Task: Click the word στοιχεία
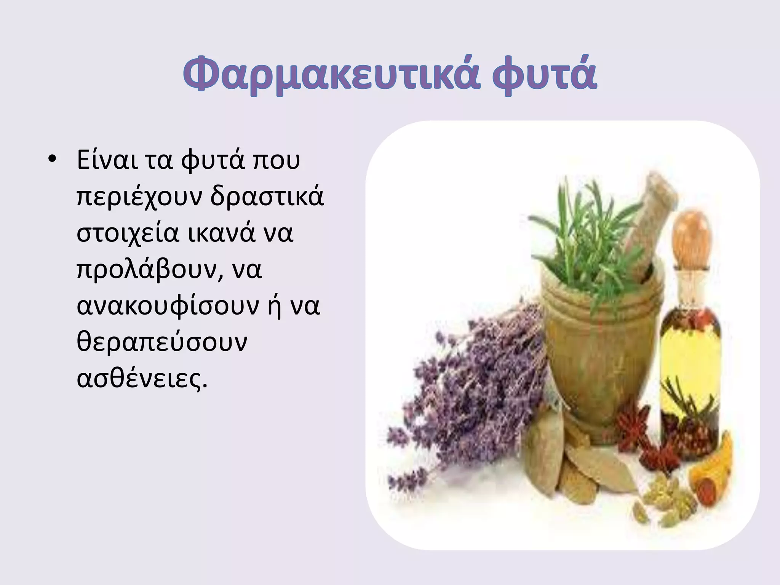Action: point(128,233)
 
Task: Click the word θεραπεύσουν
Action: point(162,342)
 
